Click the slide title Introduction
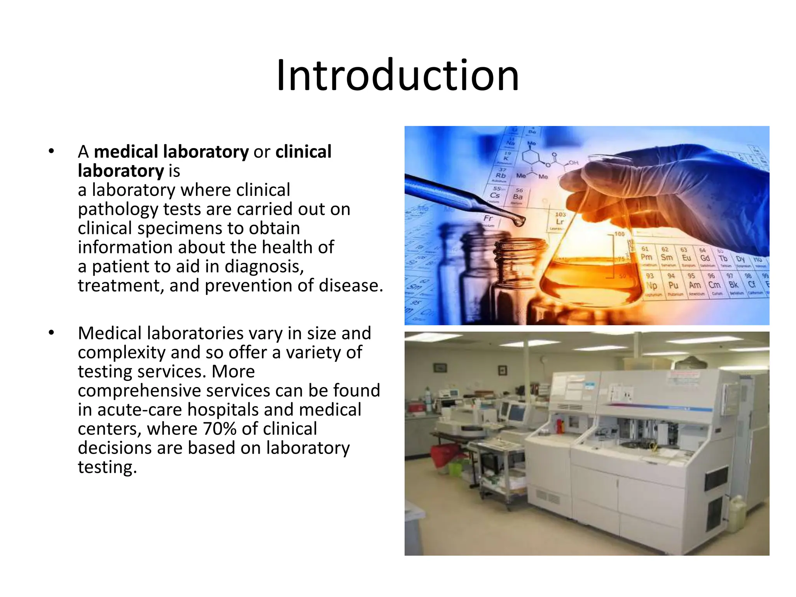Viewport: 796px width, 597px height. pos(398,75)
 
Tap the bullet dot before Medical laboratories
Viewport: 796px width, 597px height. pos(51,333)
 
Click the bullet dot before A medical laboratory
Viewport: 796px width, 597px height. pos(51,152)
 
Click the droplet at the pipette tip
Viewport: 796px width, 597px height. pos(519,222)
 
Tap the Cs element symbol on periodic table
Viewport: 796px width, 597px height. pos(495,194)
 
